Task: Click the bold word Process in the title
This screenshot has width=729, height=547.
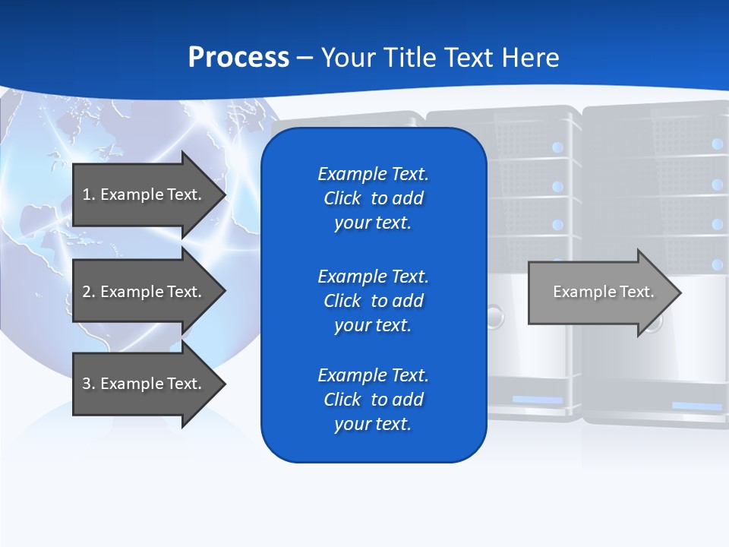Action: [x=238, y=58]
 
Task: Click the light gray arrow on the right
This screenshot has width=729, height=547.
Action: [x=600, y=292]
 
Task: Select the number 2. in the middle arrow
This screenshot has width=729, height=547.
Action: [x=89, y=292]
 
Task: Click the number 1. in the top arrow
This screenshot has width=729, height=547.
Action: [x=89, y=194]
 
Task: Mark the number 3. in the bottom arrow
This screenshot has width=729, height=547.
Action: [x=89, y=384]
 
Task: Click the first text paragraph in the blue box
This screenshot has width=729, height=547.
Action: [x=373, y=198]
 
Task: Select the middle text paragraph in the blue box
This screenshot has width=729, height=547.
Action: [x=373, y=301]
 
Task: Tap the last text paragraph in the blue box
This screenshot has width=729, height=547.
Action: [x=373, y=400]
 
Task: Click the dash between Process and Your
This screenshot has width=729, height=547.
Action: [x=305, y=58]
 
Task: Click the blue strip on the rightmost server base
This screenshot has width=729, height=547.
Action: [x=696, y=406]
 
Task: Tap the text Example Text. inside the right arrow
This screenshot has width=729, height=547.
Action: [x=603, y=292]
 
